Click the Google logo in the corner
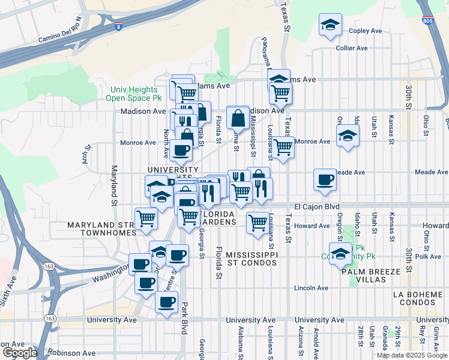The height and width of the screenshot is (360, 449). (19, 352)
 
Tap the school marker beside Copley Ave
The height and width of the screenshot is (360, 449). (330, 25)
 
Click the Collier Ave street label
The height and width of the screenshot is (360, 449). (351, 48)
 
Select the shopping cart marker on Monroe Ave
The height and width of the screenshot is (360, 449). (283, 146)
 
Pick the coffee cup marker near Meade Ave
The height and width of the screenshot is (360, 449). (325, 180)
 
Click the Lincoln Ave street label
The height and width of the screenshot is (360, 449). (311, 288)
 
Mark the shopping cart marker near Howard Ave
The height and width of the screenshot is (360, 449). (258, 223)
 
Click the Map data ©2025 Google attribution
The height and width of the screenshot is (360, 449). (411, 355)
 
